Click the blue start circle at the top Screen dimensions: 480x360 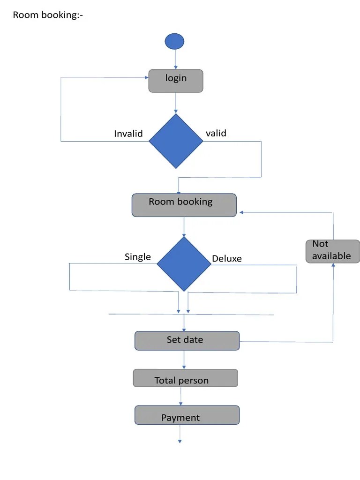coord(175,41)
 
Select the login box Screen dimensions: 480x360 coord(176,81)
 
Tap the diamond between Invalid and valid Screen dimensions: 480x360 coord(176,141)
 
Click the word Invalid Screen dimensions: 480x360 coord(128,134)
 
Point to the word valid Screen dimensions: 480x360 coord(216,133)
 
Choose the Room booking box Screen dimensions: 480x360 coord(184,205)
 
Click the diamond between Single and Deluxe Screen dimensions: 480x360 coord(184,263)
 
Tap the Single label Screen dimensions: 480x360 coord(137,256)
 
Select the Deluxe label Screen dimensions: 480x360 coord(227,258)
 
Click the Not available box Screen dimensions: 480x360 coord(333,251)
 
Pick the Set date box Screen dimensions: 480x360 coord(187,340)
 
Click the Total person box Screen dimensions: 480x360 coord(185,378)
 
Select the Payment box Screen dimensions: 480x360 coord(187,415)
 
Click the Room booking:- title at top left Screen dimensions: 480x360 coord(48,15)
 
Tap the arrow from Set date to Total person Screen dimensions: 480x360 coord(184,360)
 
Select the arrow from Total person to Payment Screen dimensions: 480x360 coord(181,396)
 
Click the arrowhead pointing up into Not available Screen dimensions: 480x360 coord(333,266)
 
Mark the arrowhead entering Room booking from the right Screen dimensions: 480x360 coord(241,212)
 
